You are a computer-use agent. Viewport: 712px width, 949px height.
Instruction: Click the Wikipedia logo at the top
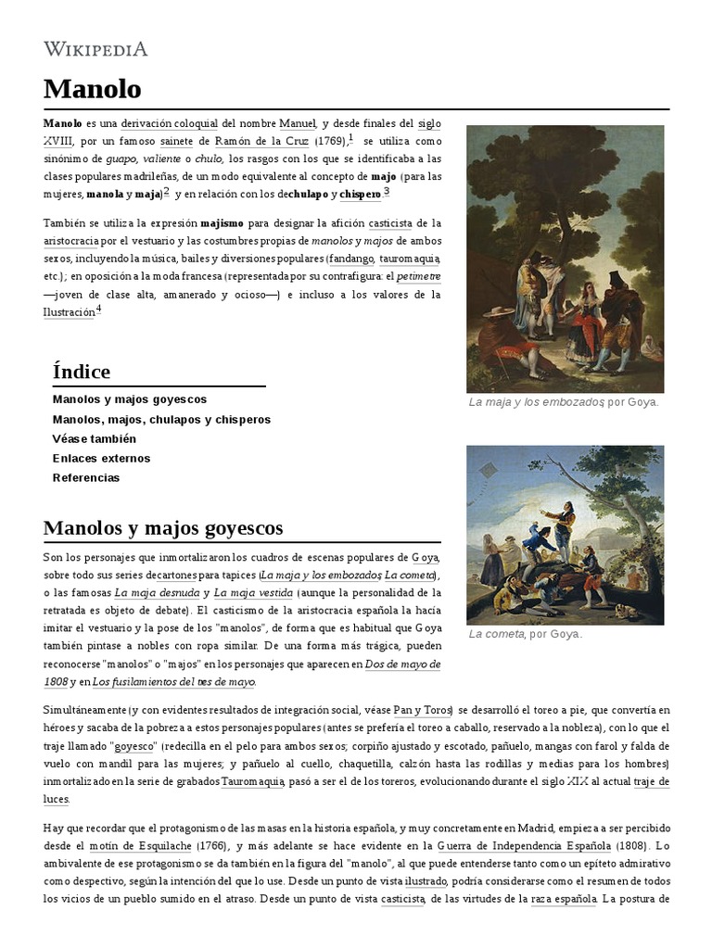coord(95,49)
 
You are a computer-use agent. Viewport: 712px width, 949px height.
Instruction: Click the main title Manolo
coord(92,89)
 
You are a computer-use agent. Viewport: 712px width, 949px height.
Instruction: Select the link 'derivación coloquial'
coord(169,123)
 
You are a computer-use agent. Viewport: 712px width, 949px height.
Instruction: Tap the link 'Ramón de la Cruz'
coord(262,141)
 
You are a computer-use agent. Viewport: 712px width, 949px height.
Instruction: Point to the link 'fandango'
coord(350,259)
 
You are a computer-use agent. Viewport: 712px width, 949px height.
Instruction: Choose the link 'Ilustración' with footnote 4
coord(69,312)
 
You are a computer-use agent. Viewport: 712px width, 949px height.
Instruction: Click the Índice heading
coord(82,372)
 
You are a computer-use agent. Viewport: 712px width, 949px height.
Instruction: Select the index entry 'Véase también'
coord(95,438)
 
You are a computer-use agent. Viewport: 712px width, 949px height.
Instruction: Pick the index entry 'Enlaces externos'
coord(101,458)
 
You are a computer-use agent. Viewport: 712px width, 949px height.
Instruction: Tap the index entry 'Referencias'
coord(86,477)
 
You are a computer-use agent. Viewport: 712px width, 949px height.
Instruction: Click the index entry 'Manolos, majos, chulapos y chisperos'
coord(161,419)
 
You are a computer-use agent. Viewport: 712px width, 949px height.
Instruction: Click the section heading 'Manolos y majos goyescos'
coord(163,528)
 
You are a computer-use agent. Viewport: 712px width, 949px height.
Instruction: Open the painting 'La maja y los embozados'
coord(565,259)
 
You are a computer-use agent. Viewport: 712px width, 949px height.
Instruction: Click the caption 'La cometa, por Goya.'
coord(526,634)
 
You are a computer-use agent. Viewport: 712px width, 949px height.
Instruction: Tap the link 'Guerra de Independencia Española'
coord(525,845)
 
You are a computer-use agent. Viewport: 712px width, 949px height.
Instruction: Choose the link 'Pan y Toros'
coord(422,710)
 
